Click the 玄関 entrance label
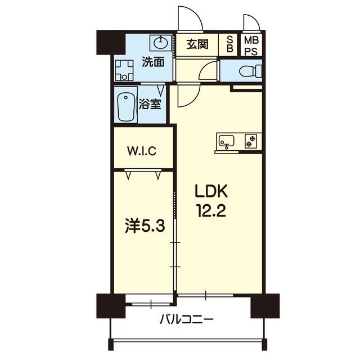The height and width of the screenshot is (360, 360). coord(197,44)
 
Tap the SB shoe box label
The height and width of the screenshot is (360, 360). coord(230,44)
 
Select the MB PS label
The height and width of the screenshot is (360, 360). coord(251,46)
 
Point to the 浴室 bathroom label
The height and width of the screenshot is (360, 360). coord(150,105)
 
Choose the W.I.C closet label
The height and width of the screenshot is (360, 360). coord(142,151)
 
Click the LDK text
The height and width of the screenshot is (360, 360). coord(211,191)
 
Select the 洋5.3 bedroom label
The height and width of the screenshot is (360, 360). coord(145,227)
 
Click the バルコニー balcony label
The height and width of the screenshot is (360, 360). coord(186,319)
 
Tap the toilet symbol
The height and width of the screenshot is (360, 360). coord(250,71)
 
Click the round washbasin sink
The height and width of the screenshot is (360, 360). coord(160,42)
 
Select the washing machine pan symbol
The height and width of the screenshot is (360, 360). coord(124,70)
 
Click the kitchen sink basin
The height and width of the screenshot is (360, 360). coord(226,140)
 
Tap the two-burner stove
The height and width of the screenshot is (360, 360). coord(250,141)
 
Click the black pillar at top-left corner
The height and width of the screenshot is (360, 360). coord(111,43)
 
